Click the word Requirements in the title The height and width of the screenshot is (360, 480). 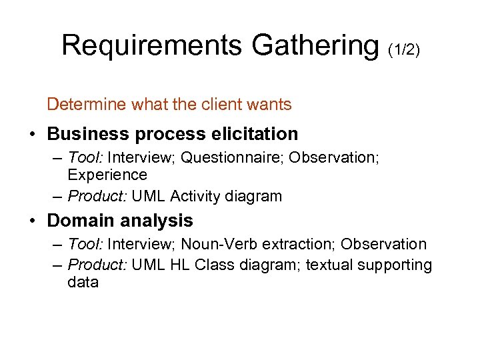point(153,45)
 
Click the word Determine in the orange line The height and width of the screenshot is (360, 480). point(81,105)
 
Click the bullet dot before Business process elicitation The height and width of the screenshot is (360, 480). point(33,134)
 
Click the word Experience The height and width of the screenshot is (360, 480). point(107,175)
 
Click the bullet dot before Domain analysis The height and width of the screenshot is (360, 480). point(33,221)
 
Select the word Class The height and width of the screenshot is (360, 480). point(213,265)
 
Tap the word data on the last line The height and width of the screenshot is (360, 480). point(83,282)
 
